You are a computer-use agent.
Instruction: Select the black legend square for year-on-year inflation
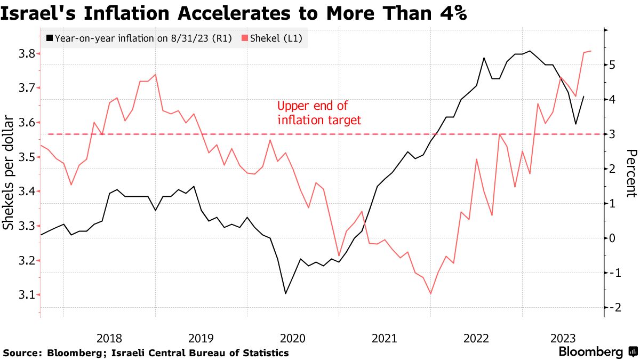click(x=50, y=38)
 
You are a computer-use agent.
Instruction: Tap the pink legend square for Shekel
click(x=245, y=38)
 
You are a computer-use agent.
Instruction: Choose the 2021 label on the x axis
click(x=384, y=338)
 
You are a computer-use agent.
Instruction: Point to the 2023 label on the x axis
click(x=563, y=338)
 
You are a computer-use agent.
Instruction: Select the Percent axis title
click(x=630, y=173)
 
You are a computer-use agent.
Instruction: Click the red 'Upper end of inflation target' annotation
click(x=319, y=113)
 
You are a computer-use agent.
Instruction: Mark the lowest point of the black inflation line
click(x=285, y=293)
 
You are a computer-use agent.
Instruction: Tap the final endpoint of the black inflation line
click(x=583, y=97)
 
